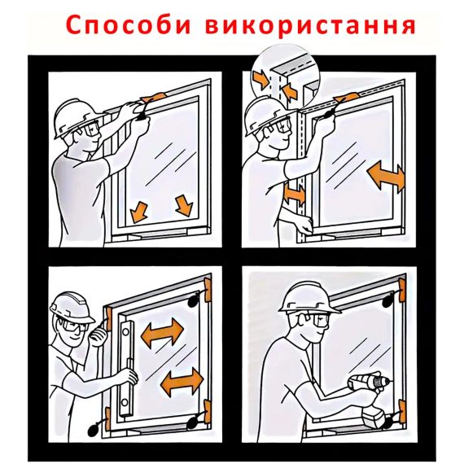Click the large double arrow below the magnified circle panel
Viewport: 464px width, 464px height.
[386, 177]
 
